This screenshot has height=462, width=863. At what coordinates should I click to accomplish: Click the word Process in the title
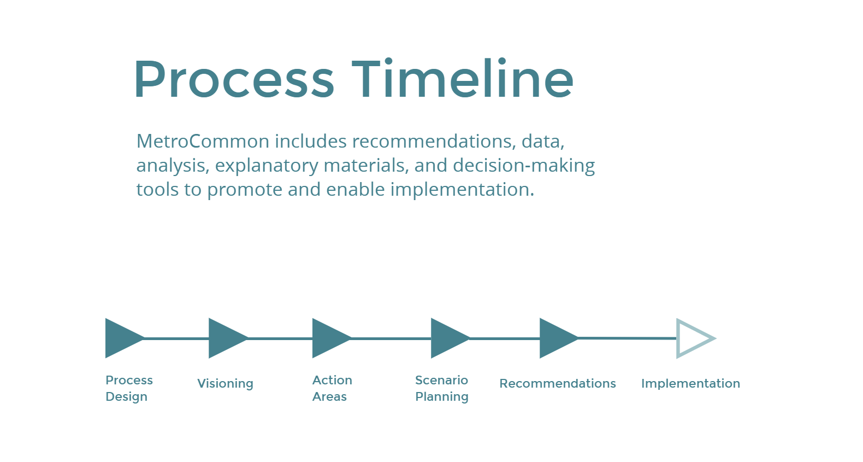click(234, 80)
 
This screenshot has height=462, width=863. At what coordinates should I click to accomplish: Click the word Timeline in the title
click(462, 80)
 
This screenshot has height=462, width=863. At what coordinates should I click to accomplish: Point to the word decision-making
click(524, 165)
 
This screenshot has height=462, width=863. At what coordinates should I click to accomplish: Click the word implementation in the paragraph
click(462, 189)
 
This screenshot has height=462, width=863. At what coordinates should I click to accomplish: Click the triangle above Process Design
click(121, 338)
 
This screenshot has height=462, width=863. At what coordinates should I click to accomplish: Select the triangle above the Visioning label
click(224, 338)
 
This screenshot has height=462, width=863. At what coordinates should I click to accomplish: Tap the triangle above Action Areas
click(328, 338)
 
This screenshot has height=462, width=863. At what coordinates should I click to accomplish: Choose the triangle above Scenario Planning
click(447, 338)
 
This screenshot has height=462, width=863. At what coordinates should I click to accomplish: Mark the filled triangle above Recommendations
click(555, 338)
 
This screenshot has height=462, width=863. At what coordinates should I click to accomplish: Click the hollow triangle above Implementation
click(691, 338)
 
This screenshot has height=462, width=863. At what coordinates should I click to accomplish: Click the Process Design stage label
click(129, 388)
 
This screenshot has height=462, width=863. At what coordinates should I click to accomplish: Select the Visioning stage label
click(225, 384)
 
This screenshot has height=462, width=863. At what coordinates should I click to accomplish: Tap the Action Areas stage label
click(332, 388)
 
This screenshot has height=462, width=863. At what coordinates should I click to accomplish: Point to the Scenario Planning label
click(442, 388)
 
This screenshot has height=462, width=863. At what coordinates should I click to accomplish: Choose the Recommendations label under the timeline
click(558, 384)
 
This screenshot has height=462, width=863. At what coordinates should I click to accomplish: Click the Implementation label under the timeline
click(690, 384)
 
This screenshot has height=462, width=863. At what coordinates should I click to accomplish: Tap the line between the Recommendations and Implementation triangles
click(627, 338)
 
